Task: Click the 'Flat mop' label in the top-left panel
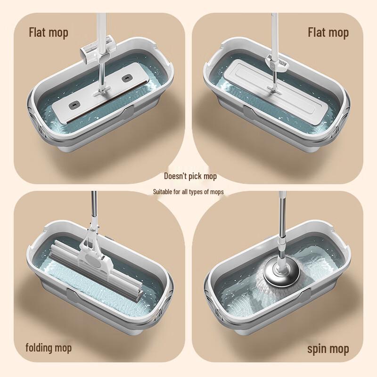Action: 49,33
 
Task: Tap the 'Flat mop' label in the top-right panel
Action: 328,33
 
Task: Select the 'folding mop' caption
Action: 49,348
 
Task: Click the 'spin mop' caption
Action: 328,349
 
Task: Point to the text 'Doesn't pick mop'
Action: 190,176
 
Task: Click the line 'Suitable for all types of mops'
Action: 188,192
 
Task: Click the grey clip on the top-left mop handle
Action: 93,49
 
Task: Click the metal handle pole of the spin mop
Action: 282,221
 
